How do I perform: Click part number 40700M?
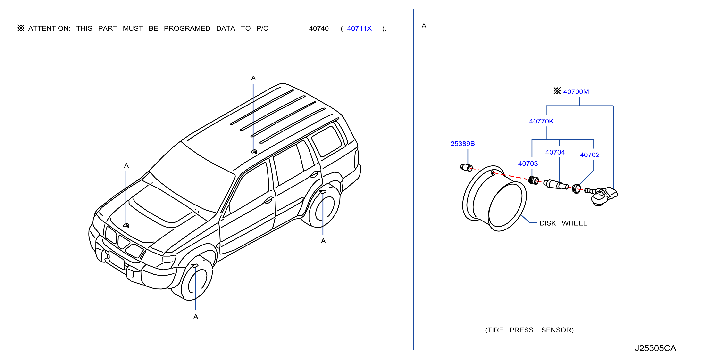[576, 92]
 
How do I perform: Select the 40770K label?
[541, 121]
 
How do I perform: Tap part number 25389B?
[463, 143]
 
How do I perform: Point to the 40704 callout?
[555, 152]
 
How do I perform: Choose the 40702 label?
[589, 155]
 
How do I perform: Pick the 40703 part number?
[528, 164]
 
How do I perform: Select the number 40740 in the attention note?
[319, 28]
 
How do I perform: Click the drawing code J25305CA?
[655, 348]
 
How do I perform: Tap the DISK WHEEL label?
[563, 223]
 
